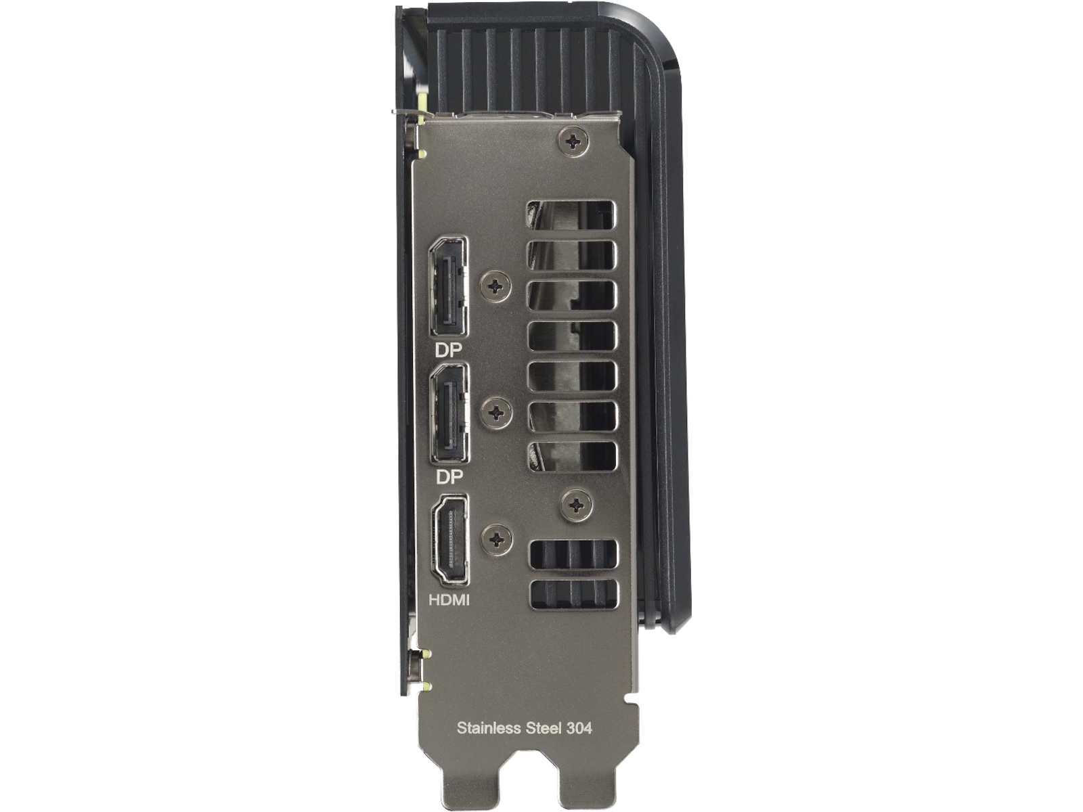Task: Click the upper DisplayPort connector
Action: [449, 287]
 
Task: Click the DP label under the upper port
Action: [448, 350]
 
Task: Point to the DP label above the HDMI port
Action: [449, 477]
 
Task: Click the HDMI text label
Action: [449, 600]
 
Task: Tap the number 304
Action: [579, 728]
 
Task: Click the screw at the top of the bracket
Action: [573, 142]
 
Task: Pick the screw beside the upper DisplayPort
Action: [495, 286]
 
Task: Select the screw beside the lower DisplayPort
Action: [496, 411]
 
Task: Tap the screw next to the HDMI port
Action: [497, 539]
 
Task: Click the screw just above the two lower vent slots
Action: [577, 505]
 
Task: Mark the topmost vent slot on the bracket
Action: [571, 215]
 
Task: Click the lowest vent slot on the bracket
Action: [574, 594]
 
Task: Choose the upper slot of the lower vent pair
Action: [574, 555]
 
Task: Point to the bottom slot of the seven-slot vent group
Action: [573, 457]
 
